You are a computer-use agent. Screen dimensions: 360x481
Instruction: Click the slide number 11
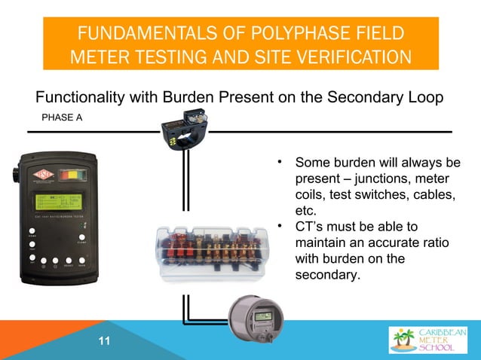coord(104,343)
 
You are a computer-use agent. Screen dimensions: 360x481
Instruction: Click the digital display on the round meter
coord(262,316)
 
